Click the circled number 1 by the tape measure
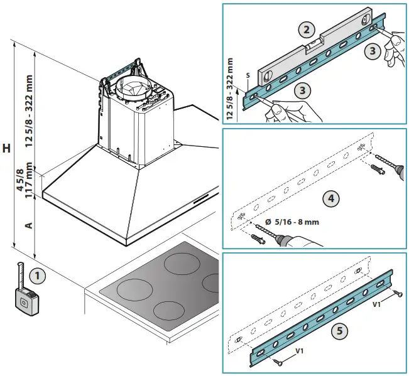click(38, 275)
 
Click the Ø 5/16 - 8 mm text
click(293, 222)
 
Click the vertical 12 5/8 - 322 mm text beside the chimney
click(29, 111)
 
